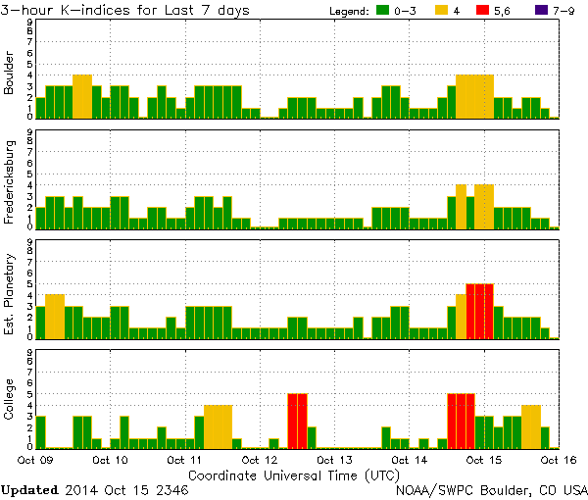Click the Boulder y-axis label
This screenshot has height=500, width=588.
(10, 75)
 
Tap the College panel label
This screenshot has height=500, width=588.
(10, 401)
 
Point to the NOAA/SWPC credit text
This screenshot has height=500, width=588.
(490, 488)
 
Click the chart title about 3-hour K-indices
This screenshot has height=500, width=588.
(124, 11)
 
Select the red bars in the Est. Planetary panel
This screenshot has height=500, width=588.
(479, 311)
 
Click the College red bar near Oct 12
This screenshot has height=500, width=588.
(297, 421)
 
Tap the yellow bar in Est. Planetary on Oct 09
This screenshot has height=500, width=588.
(54, 316)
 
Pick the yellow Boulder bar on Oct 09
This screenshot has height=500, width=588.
(82, 96)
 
